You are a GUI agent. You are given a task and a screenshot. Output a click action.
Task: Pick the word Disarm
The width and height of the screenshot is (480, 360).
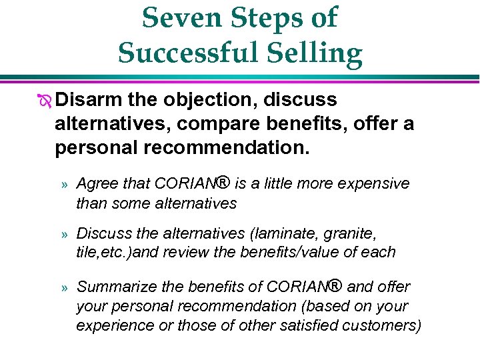89,100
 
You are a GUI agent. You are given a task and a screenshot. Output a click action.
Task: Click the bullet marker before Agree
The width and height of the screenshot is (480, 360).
64,184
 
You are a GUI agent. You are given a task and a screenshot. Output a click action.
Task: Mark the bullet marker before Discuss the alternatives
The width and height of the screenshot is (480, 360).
64,235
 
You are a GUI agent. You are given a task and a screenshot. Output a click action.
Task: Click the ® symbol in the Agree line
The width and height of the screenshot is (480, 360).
223,182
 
